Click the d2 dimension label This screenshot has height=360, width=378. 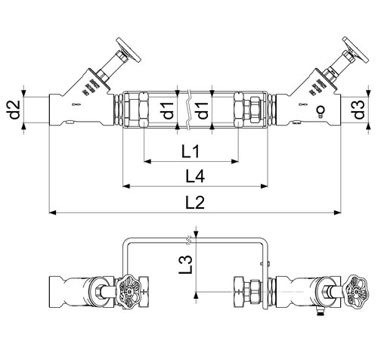pyautogui.click(x=14, y=110)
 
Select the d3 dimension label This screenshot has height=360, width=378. pyautogui.click(x=359, y=110)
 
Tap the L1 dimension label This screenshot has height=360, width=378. pyautogui.click(x=191, y=152)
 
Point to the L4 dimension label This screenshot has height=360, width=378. pyautogui.click(x=195, y=176)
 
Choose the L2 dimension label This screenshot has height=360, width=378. pyautogui.click(x=195, y=203)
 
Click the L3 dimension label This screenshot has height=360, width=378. pyautogui.click(x=186, y=265)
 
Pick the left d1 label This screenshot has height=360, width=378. pyautogui.click(x=169, y=110)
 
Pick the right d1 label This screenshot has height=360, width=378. pyautogui.click(x=203, y=110)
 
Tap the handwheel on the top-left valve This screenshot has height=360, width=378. pyautogui.click(x=129, y=50)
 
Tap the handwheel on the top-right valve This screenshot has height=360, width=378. pyautogui.click(x=355, y=49)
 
